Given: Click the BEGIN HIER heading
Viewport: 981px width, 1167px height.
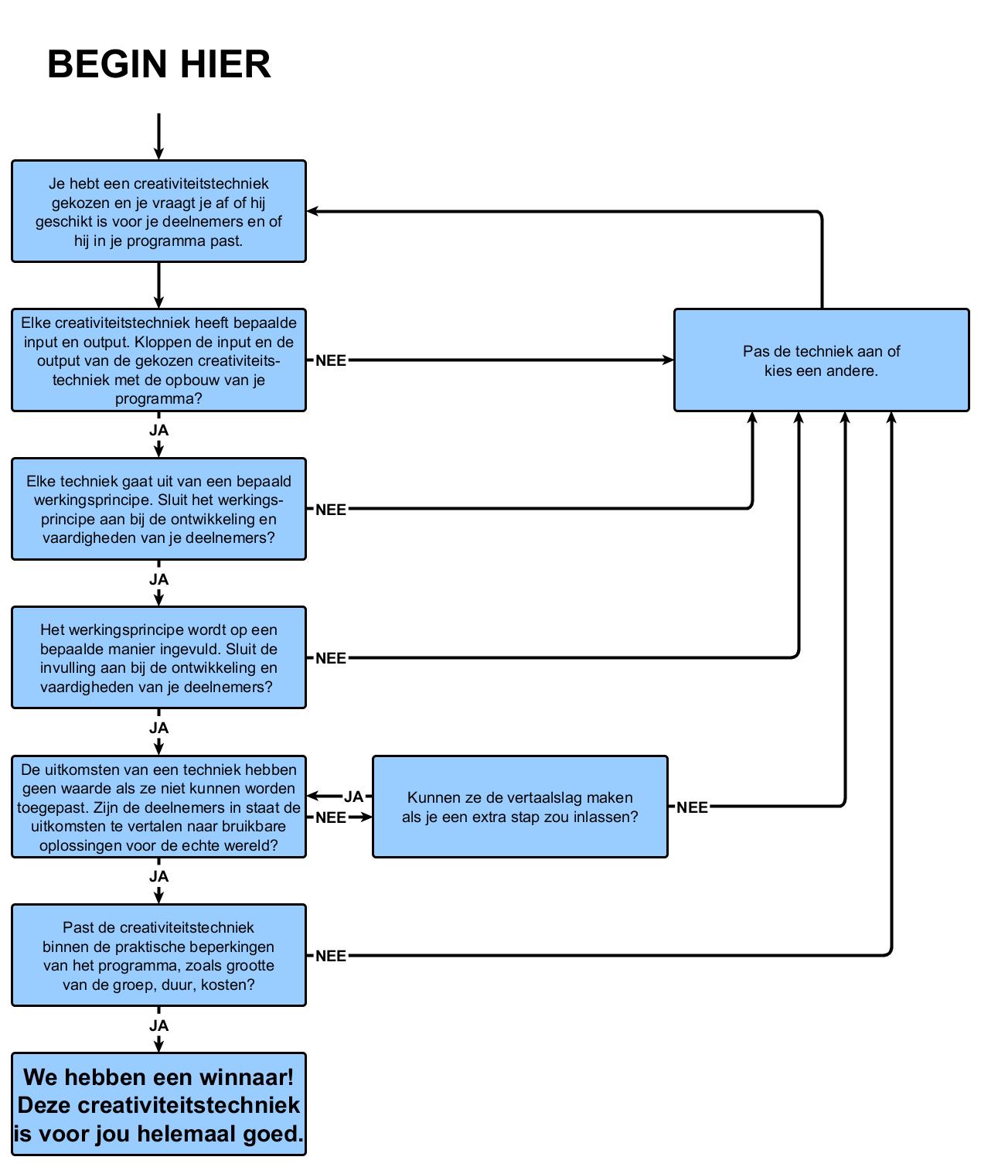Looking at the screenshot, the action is coord(159,64).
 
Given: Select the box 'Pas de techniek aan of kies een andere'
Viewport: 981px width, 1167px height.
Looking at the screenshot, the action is coord(821,360).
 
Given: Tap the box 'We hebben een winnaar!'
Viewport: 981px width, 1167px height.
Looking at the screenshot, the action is coord(158,1104).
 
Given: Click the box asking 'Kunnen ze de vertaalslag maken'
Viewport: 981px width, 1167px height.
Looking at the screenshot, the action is coord(519,807).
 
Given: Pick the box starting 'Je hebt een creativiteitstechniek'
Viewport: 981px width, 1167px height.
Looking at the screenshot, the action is coord(158,211).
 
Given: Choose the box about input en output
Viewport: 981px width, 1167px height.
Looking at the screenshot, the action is coord(158,360).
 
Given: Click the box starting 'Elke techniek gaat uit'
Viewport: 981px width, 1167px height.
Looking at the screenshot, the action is coord(158,509).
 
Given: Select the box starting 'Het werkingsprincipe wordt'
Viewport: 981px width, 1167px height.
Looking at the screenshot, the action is coord(158,657).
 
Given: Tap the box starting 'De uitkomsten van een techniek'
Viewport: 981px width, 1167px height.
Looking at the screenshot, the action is coord(158,807).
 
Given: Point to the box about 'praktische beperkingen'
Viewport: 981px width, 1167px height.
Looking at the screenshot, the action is coord(158,955).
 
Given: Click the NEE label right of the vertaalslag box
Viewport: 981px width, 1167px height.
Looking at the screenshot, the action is coord(692,807).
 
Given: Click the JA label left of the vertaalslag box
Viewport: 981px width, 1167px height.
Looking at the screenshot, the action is coord(353,797).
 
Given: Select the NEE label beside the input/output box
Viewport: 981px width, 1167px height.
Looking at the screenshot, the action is coord(331,360).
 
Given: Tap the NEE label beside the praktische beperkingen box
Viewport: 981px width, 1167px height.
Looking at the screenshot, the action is coord(331,956).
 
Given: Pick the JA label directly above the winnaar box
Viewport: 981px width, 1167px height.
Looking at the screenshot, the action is coord(158,1025).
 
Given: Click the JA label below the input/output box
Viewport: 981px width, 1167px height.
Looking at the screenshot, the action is coord(158,430).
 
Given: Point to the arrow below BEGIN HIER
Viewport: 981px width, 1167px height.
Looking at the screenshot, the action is coord(158,137).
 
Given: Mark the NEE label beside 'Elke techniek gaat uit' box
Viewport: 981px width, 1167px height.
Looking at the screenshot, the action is coord(331,510).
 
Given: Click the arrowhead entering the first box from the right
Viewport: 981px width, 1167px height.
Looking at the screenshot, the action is coord(312,210).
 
